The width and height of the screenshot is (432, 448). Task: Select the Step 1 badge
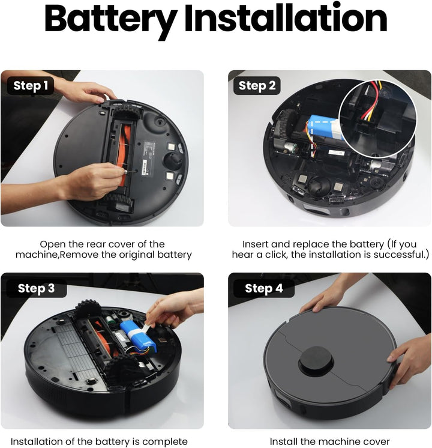(x=31, y=86)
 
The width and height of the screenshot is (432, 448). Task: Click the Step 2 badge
(x=257, y=86)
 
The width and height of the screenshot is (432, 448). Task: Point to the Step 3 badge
(x=35, y=288)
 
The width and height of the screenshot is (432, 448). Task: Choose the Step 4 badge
(x=263, y=288)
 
